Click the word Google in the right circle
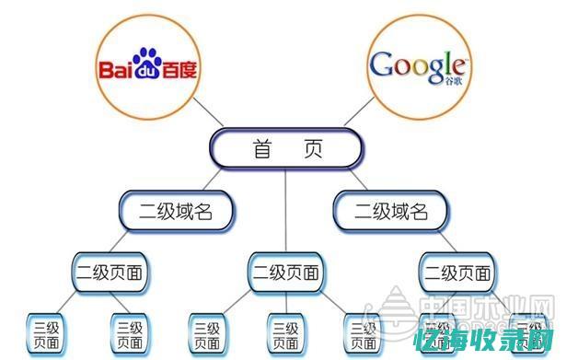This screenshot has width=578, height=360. pos(415,65)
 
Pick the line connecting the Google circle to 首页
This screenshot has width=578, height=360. pos(357,116)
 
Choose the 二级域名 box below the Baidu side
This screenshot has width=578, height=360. pos(177,212)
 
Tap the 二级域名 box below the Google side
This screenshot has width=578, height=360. pos(392,212)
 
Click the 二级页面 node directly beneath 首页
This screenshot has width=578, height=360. pos(286,273)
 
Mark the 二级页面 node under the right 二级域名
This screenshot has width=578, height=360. pos(457,273)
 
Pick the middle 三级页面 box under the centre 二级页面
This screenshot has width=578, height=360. pos(286,334)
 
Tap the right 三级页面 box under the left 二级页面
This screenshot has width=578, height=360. pos(130,334)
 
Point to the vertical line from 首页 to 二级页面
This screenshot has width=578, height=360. pos(286,212)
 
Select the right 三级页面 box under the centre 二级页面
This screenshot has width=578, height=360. pos(360,334)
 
